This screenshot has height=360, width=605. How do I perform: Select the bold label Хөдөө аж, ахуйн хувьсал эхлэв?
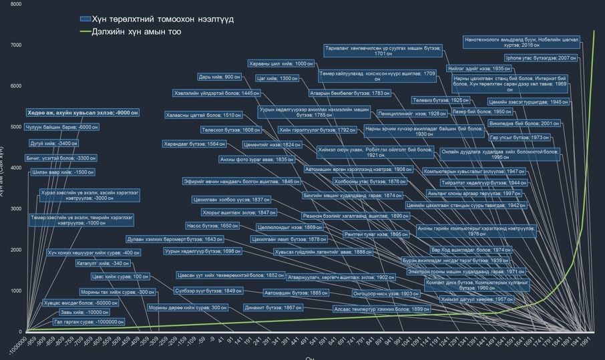(x=83, y=113)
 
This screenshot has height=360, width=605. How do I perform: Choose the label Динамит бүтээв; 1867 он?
(x=273, y=308)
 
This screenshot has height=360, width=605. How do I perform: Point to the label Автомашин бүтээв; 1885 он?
(x=296, y=293)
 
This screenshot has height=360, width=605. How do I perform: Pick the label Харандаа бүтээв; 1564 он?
(x=194, y=144)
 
